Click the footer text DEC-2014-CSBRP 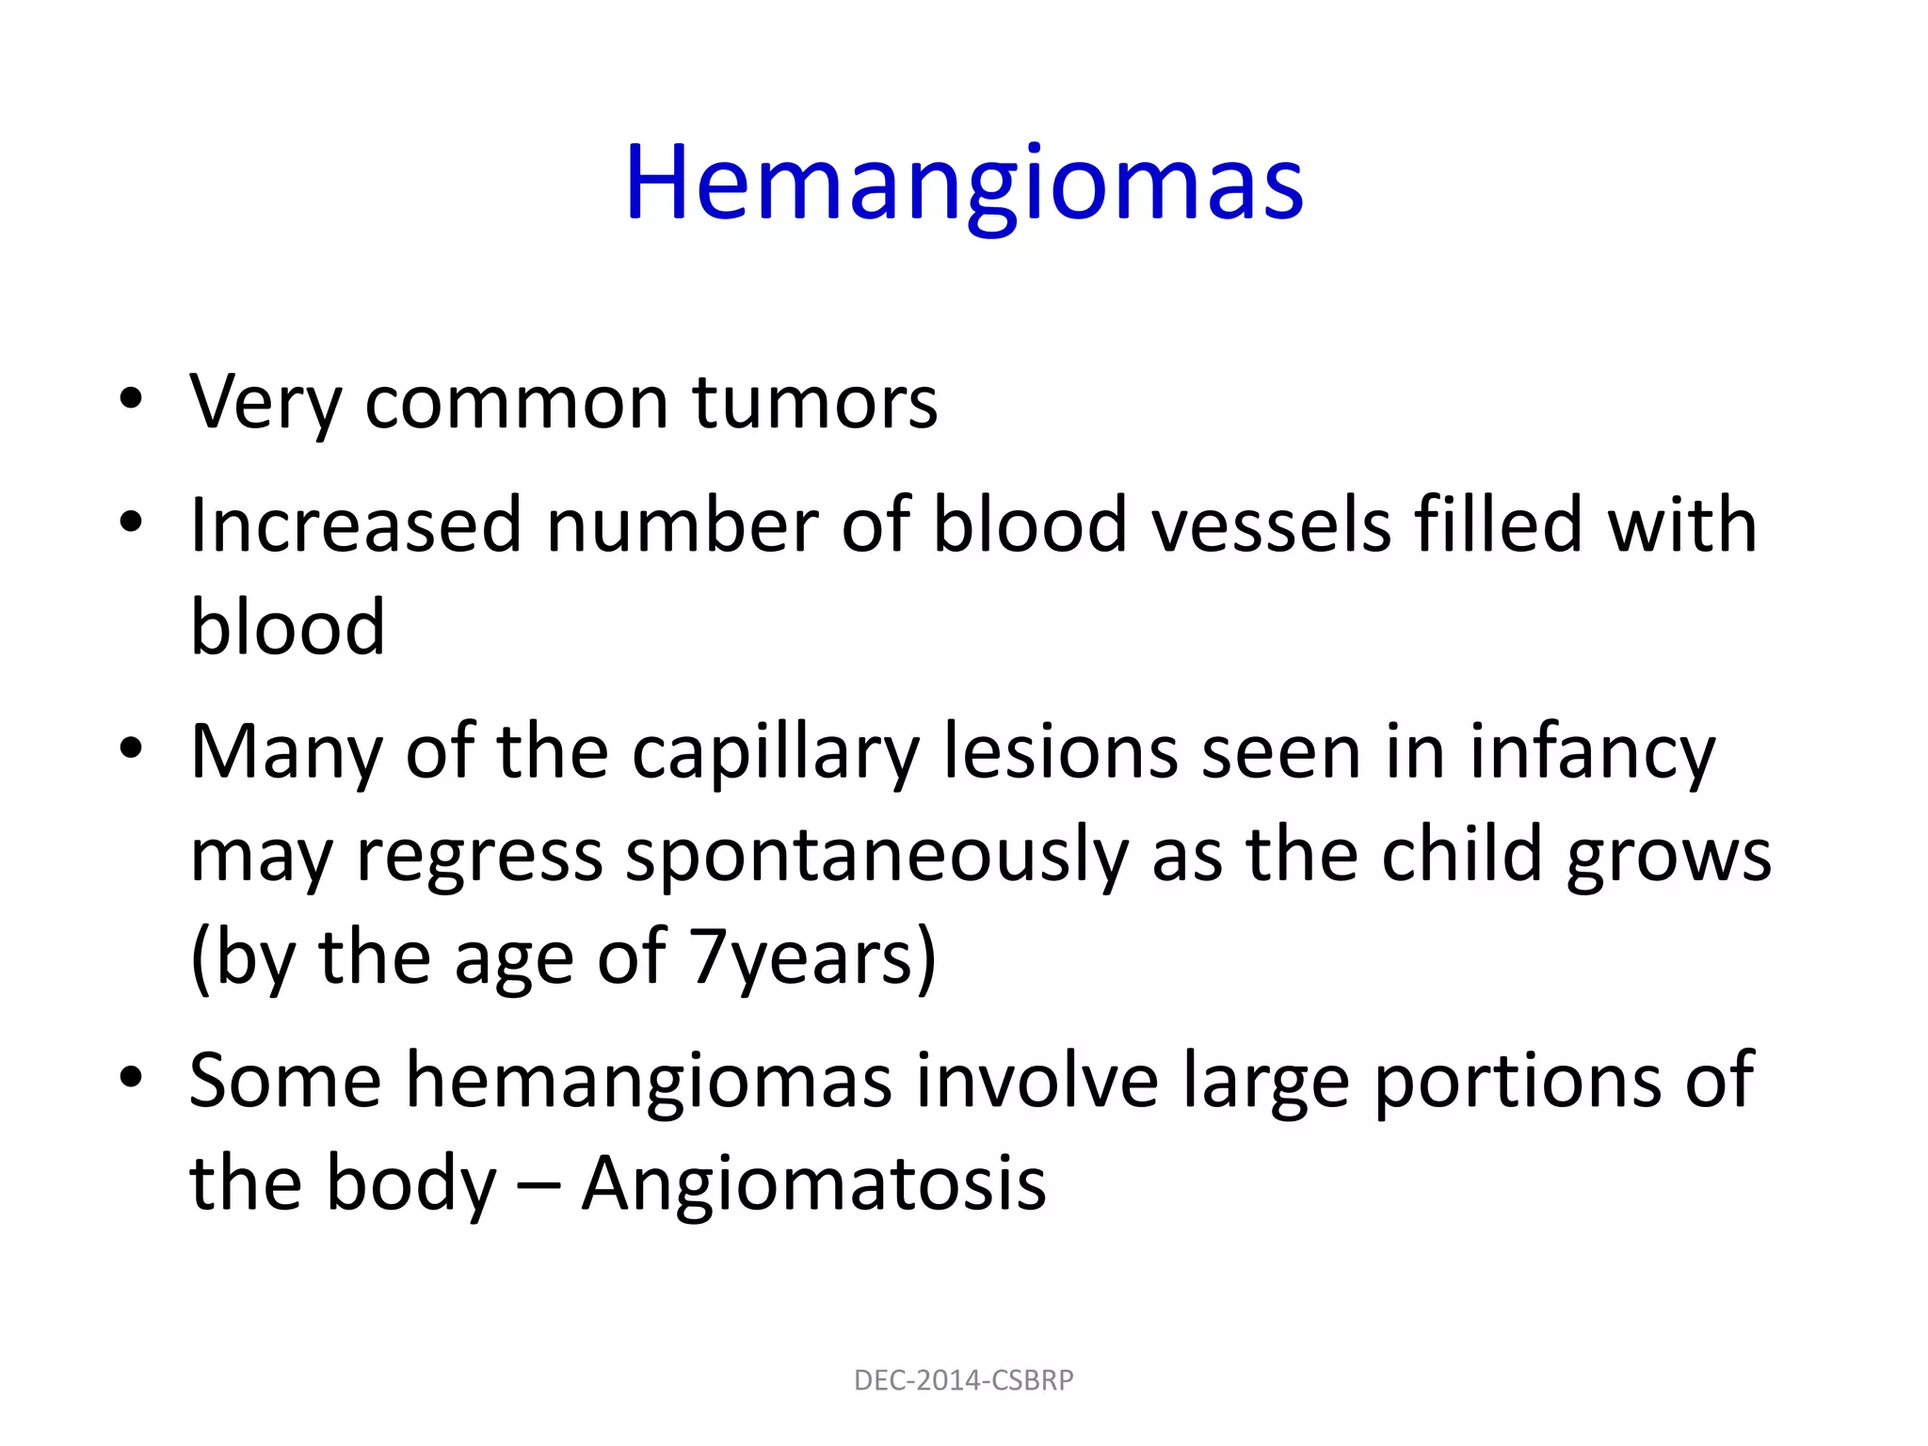[963, 1380]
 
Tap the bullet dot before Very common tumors [131, 399]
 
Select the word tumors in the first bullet [815, 402]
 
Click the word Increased [356, 524]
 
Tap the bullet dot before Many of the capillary [131, 749]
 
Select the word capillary [775, 753]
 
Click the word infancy [1593, 753]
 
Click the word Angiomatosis [813, 1182]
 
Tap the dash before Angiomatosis [538, 1184]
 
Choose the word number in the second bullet [682, 524]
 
